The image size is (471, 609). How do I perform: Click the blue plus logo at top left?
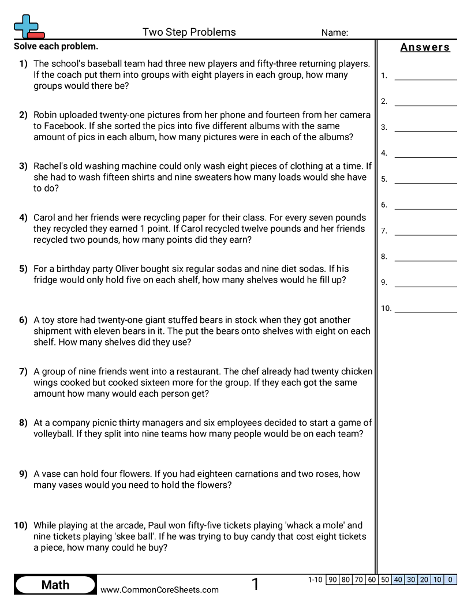27,25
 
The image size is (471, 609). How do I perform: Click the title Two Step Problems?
189,32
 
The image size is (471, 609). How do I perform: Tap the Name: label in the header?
334,33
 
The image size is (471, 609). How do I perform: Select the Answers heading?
425,47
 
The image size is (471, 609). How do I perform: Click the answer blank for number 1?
425,76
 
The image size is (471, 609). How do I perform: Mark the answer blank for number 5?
425,179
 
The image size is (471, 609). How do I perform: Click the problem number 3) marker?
23,166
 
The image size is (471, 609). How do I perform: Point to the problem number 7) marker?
23,371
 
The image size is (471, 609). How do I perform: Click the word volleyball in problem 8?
55,434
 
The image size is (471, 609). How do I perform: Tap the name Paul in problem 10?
158,525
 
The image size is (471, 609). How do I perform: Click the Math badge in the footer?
55,585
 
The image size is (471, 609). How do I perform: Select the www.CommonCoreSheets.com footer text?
159,589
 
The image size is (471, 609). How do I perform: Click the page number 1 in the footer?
255,585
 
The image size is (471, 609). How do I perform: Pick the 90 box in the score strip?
332,580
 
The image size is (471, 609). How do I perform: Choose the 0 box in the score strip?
450,580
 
